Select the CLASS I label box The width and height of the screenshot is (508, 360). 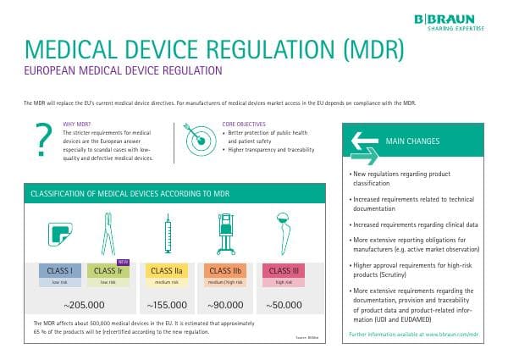pos(58,271)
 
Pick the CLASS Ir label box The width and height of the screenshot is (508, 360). pos(108,271)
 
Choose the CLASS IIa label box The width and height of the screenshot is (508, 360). pos(166,271)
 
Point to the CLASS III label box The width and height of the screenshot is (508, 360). pos(280,271)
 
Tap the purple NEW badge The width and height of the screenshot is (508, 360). pos(123,262)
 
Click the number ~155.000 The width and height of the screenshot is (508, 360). pos(167,304)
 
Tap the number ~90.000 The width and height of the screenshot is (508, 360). pos(224,304)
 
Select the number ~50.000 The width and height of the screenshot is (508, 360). pos(280,304)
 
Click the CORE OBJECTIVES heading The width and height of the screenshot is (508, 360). pos(244,125)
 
